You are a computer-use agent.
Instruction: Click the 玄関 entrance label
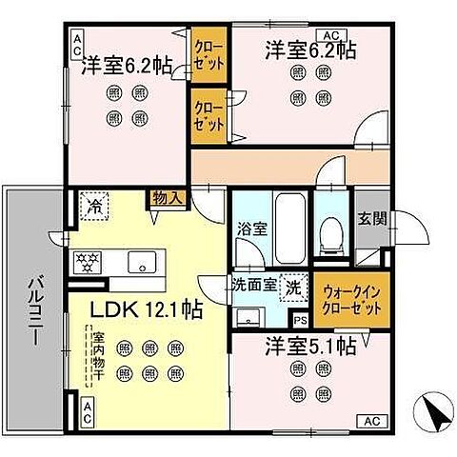[372, 218]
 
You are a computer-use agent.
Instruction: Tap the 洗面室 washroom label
[254, 284]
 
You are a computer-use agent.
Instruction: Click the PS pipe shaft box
[300, 322]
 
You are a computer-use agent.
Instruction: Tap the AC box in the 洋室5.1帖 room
[369, 421]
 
